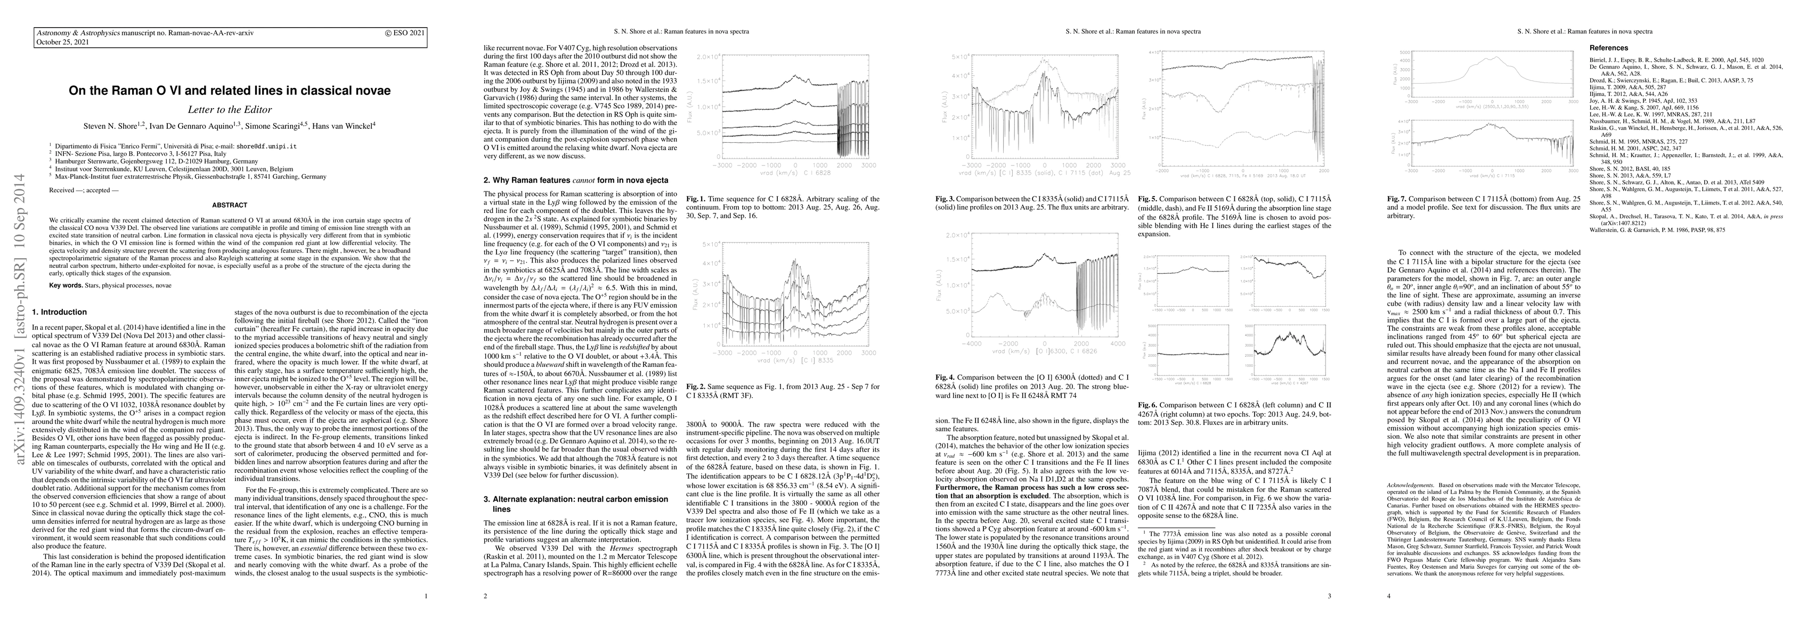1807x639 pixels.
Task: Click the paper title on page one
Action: pyautogui.click(x=230, y=91)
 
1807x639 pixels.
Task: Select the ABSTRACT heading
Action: pyautogui.click(x=230, y=205)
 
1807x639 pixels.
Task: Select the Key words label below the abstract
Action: pyautogui.click(x=67, y=285)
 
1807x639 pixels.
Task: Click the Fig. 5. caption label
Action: pyautogui.click(x=1149, y=199)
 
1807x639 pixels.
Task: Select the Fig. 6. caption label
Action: pyautogui.click(x=1149, y=424)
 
